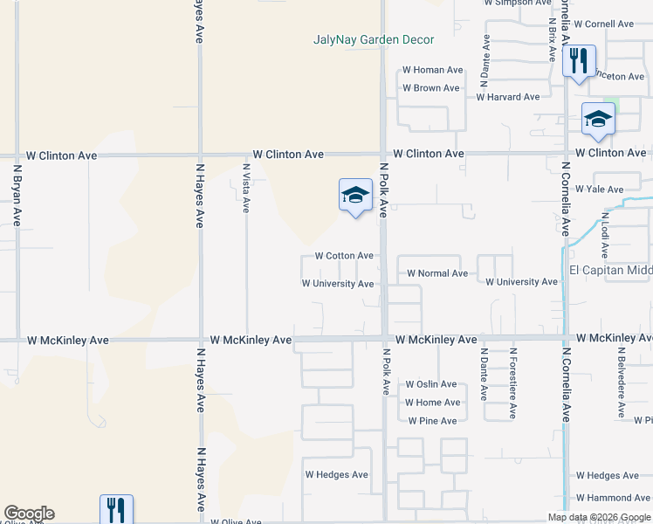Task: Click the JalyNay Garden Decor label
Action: tap(374, 39)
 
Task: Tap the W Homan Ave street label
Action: tap(432, 70)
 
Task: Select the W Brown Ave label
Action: tap(431, 88)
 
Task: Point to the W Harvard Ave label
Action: tap(508, 97)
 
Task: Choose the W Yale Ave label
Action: tap(599, 189)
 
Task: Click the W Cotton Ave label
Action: tap(344, 256)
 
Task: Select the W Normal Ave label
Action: tap(437, 273)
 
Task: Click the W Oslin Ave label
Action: tap(431, 384)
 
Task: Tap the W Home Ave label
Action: tap(433, 403)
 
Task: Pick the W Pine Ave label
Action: tap(431, 421)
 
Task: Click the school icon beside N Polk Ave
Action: tap(355, 196)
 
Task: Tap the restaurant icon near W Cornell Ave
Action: tap(578, 61)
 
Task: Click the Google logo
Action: tap(29, 514)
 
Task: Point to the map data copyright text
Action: tap(600, 517)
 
